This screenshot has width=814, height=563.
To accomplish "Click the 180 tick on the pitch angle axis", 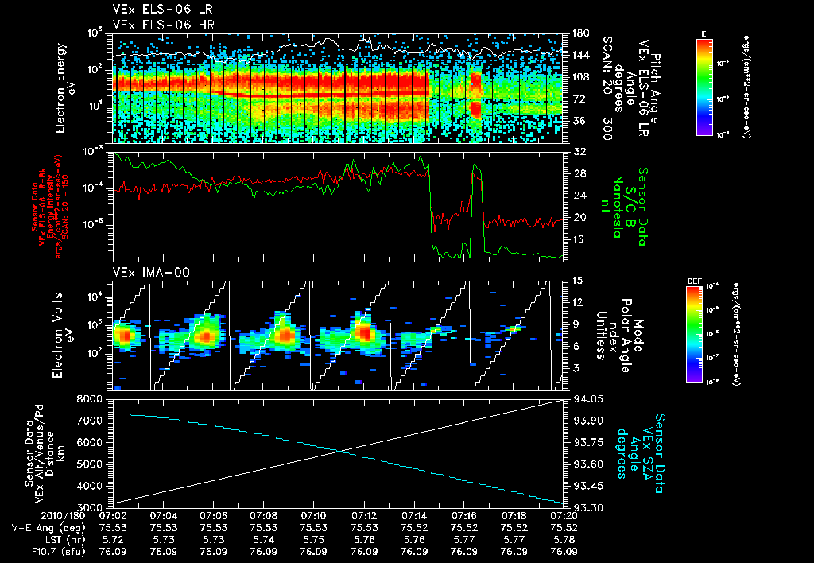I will pyautogui.click(x=578, y=33).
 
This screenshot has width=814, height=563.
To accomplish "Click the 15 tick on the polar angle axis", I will pyautogui.click(x=576, y=280).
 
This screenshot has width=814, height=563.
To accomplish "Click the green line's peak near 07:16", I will pyautogui.click(x=475, y=165).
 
